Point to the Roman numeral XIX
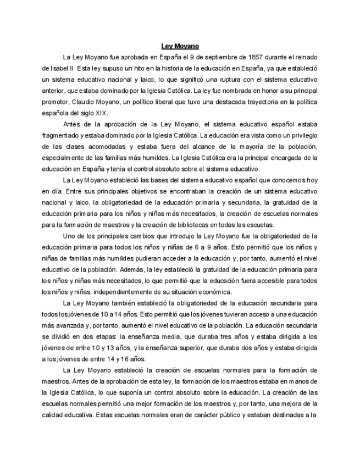[x=101, y=113]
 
